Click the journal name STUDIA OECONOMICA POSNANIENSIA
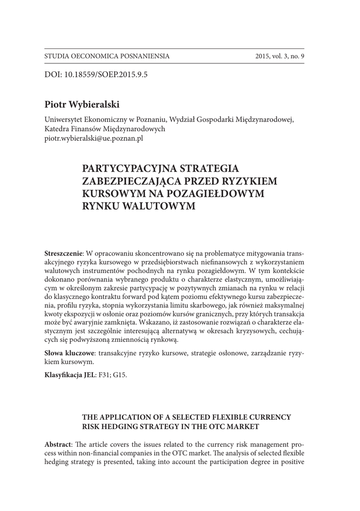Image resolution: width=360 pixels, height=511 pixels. tap(107, 56)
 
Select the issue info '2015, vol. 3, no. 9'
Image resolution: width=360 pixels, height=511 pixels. tap(280, 56)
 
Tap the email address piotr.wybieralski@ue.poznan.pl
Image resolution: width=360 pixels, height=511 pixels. tap(94, 139)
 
